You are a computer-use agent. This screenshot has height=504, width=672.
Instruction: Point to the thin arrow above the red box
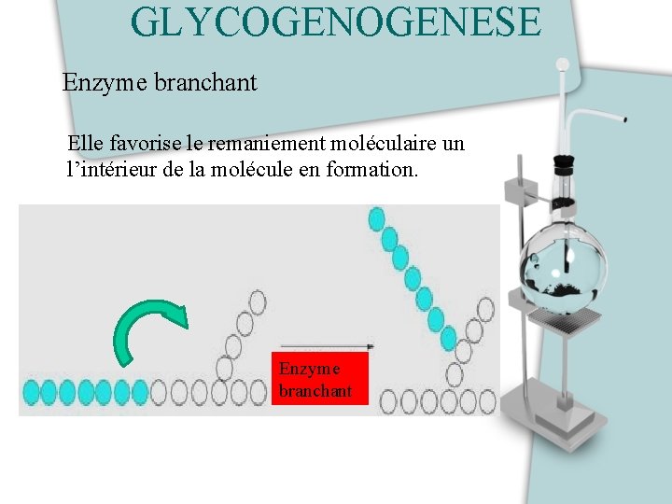[327, 345]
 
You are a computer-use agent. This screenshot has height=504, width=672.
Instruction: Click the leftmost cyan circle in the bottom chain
[30, 392]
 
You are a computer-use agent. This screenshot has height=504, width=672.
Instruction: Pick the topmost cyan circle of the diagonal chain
[376, 219]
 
